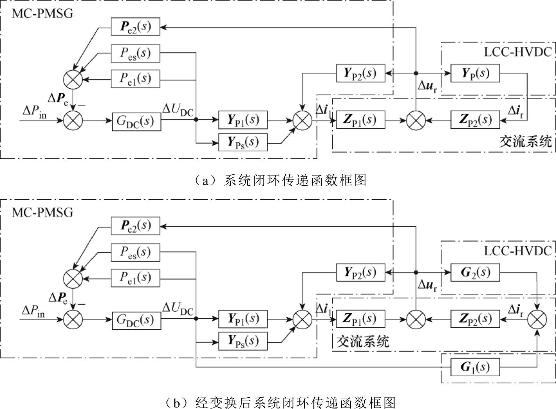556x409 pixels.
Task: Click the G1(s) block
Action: click(475, 367)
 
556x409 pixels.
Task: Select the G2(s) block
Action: click(475, 272)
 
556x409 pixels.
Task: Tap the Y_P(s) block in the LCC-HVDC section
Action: click(475, 73)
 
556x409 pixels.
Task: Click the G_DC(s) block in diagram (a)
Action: click(136, 121)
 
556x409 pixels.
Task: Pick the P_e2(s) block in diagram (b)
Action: click(135, 226)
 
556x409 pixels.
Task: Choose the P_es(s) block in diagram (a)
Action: click(135, 53)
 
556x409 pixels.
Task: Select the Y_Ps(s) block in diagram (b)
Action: click(243, 341)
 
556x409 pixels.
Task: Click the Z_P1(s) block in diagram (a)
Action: click(360, 120)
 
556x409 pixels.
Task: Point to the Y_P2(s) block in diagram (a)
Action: click(360, 73)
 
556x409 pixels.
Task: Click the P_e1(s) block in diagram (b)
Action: click(135, 277)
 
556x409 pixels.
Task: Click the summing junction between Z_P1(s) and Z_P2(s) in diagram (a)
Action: click(416, 120)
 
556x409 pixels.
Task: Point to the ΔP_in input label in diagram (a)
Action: click(33, 112)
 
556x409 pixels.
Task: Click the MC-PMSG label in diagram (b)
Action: click(42, 212)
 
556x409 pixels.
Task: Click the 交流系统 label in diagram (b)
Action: click(362, 341)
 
